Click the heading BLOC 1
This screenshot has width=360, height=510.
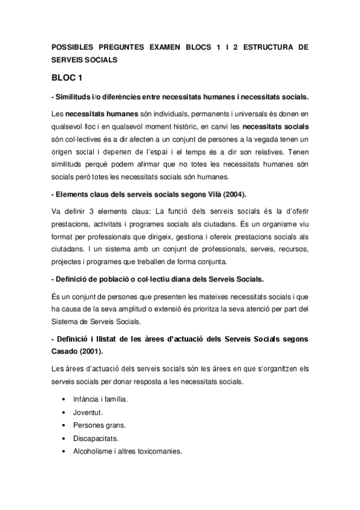[67, 79]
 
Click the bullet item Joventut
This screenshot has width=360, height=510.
[88, 413]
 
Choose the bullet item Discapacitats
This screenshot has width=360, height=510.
[95, 439]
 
